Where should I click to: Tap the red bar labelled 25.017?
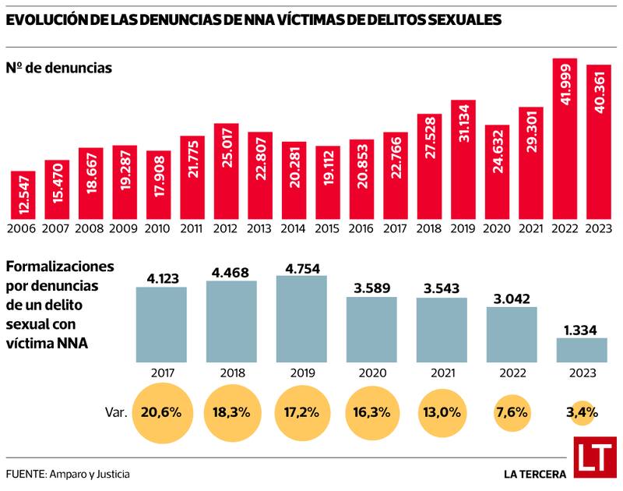click(226, 171)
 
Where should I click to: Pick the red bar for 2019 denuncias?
click(463, 160)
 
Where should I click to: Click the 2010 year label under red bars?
click(158, 229)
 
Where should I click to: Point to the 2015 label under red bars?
click(328, 229)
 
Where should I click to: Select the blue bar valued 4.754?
click(301, 319)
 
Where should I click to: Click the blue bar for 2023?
click(582, 350)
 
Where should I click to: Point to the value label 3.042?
click(512, 296)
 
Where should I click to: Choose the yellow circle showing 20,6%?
click(161, 412)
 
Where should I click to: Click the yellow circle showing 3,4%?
click(582, 412)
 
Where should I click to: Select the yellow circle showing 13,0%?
click(442, 412)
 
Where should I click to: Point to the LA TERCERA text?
click(534, 473)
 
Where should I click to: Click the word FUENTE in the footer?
click(25, 473)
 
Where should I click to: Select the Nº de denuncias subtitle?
click(59, 68)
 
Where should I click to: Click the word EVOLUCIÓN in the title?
click(49, 21)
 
